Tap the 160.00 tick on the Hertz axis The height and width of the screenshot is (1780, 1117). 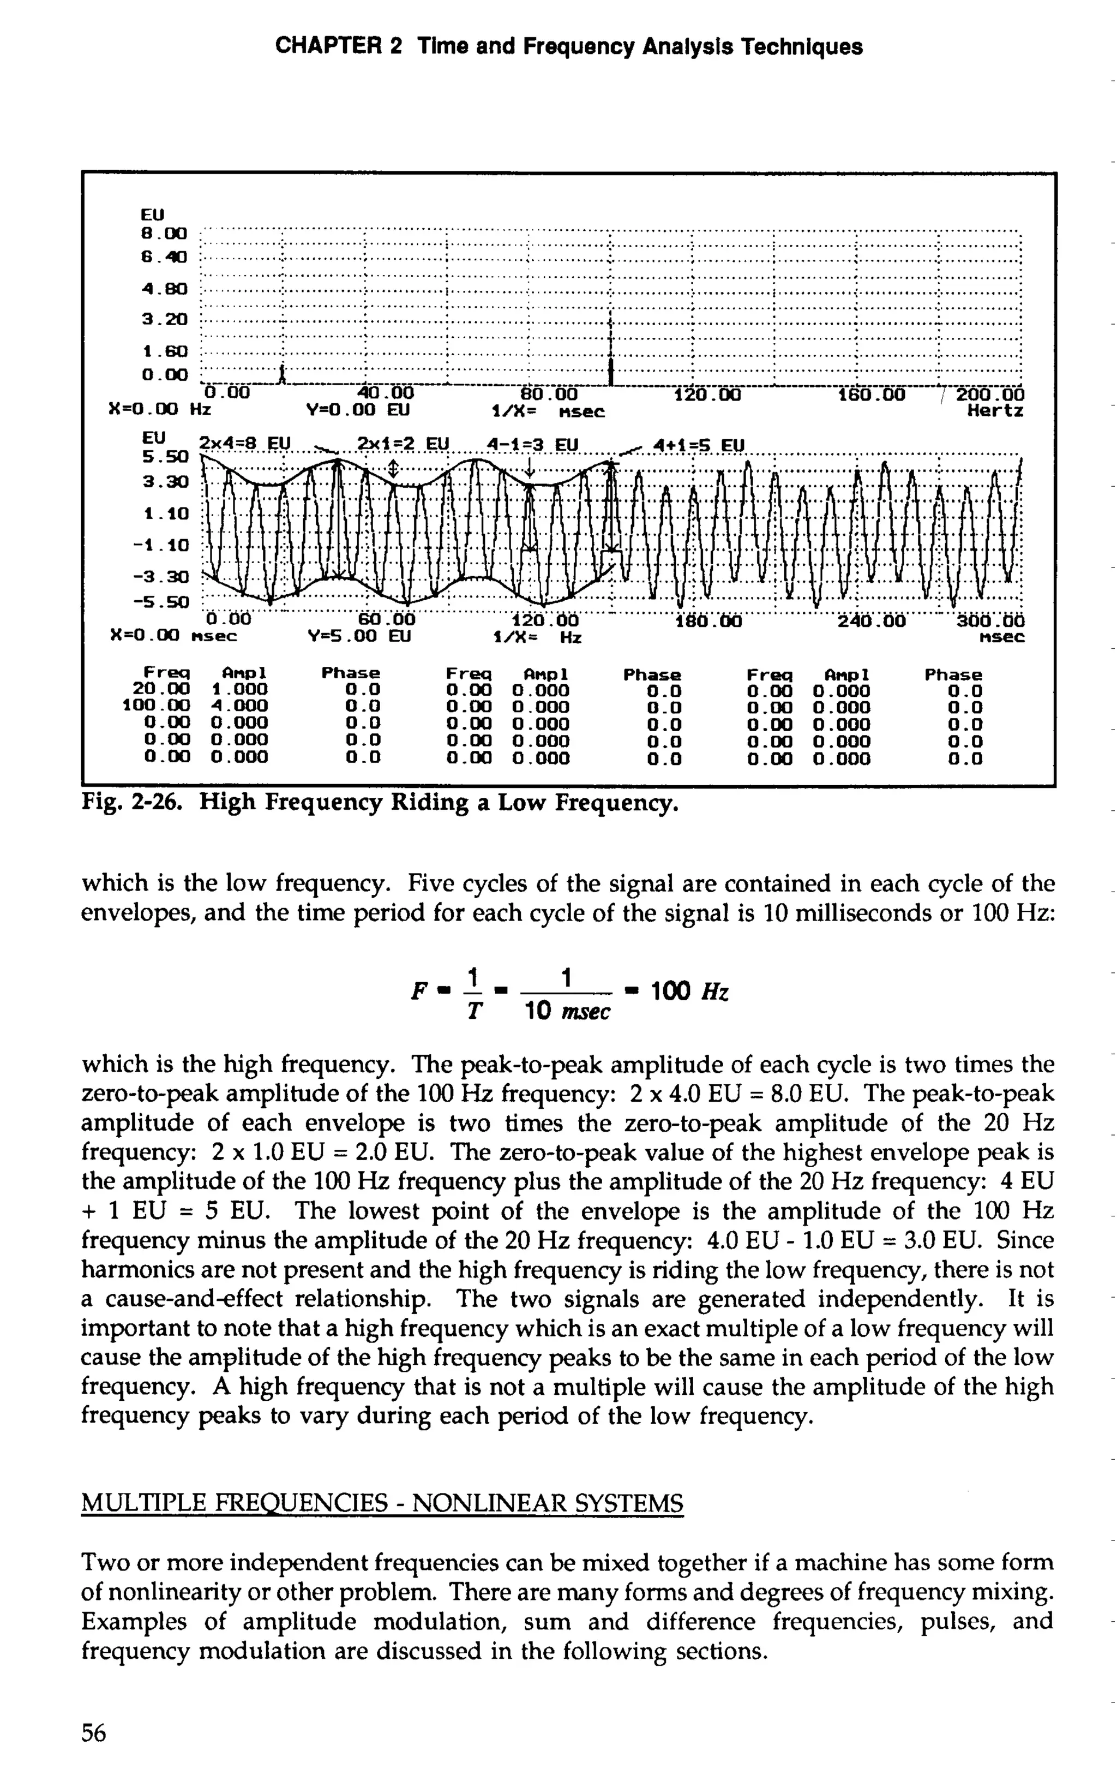coord(871,394)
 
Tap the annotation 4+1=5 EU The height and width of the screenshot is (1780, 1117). coord(700,446)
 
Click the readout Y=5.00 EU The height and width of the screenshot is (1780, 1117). coord(358,636)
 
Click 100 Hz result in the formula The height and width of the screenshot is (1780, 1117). coord(689,991)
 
